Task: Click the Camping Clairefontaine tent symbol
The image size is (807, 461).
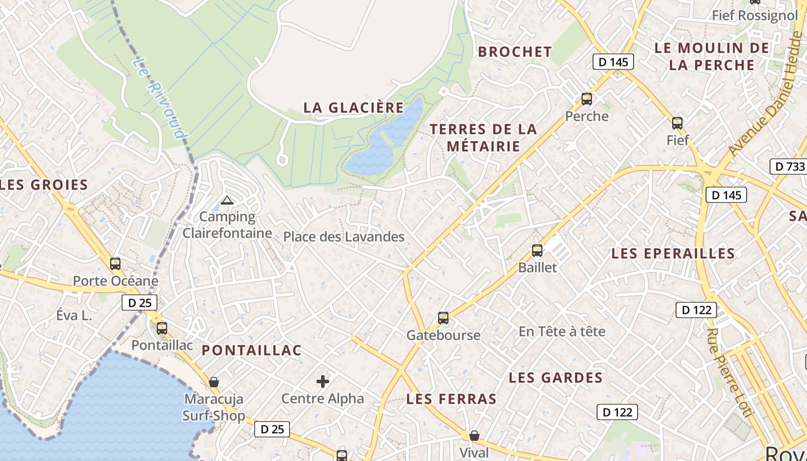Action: coord(227,201)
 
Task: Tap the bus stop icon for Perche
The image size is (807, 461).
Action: coord(587,99)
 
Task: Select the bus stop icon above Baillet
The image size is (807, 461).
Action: coord(537,251)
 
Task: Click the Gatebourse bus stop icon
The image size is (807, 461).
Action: coord(443,318)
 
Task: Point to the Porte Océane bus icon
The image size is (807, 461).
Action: coord(115,264)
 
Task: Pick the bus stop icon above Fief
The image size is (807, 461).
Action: coord(677,123)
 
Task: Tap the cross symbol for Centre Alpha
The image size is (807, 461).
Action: coord(323,381)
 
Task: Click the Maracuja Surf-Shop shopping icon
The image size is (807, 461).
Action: coord(214,382)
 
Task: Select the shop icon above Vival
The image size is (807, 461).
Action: coord(474,436)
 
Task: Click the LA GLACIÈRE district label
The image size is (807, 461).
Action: coord(354,108)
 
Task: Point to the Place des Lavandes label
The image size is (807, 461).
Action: coord(344,236)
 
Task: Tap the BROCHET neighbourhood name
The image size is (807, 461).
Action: coord(515,52)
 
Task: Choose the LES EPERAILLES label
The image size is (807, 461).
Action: coord(673,254)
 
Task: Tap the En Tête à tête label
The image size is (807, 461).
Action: coord(562,331)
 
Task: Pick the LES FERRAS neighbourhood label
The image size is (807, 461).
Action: coord(451,399)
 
